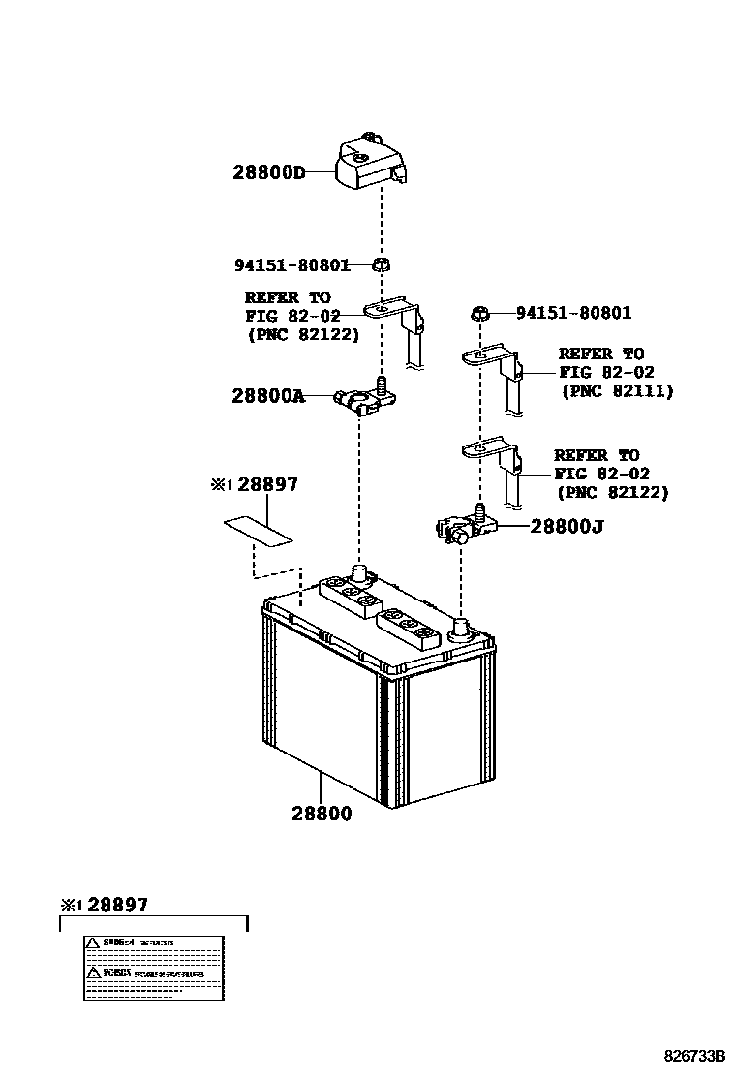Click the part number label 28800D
point(268,173)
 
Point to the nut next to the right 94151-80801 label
point(479,313)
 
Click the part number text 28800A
point(268,395)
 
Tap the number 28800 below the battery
point(322,814)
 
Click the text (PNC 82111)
point(617,391)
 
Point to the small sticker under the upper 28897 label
point(258,530)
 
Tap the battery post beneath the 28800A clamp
point(360,575)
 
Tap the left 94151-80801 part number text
point(292,264)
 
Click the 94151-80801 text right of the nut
point(573,313)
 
